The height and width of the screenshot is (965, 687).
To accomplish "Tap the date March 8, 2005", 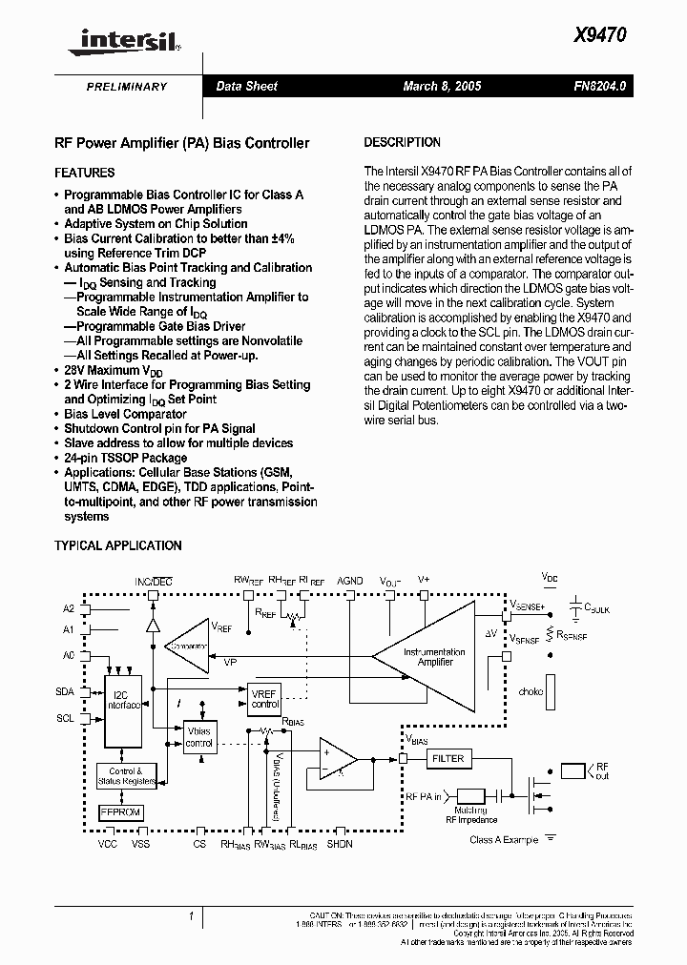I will coord(442,86).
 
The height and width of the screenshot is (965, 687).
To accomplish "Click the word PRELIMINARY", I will coord(127,87).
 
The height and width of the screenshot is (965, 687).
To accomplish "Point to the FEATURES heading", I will coord(85,173).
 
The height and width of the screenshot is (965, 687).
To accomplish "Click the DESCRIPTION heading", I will coord(403,142).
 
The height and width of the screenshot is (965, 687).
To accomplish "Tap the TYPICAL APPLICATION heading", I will coord(117,545).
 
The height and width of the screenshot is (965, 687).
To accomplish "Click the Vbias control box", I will coord(198,737).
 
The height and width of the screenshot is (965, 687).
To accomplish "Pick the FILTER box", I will coord(448,758).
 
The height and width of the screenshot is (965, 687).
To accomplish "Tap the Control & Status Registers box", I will coord(127,776).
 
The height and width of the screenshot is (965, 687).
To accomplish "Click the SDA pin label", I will coord(65,692).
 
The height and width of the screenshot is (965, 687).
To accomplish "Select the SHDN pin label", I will coord(340,844).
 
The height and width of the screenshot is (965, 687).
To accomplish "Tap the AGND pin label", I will coord(350,580).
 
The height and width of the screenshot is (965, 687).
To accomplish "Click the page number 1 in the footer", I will coord(192,916).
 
